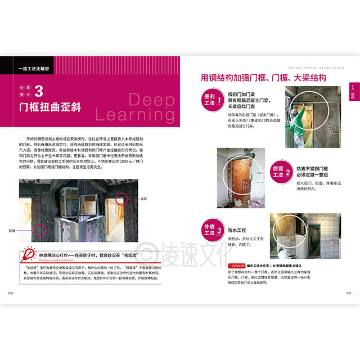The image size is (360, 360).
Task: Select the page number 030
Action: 11,293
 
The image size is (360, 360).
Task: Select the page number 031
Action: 348,293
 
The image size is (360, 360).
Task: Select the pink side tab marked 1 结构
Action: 352,91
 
